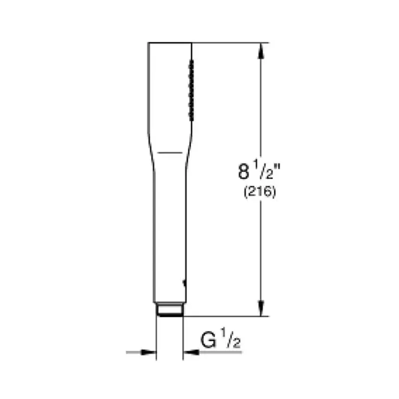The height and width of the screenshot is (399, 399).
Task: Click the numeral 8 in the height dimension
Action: tap(243, 173)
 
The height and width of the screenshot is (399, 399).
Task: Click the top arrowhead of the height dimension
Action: tap(260, 50)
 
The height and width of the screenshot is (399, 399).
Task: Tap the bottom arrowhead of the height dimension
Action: tap(260, 309)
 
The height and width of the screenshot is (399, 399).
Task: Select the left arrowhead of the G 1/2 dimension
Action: tap(149, 352)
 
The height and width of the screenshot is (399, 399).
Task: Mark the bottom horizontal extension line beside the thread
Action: tap(224, 316)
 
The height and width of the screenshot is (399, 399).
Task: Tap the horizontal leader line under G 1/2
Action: tap(219, 352)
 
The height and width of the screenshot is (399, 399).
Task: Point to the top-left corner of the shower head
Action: tap(149, 43)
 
